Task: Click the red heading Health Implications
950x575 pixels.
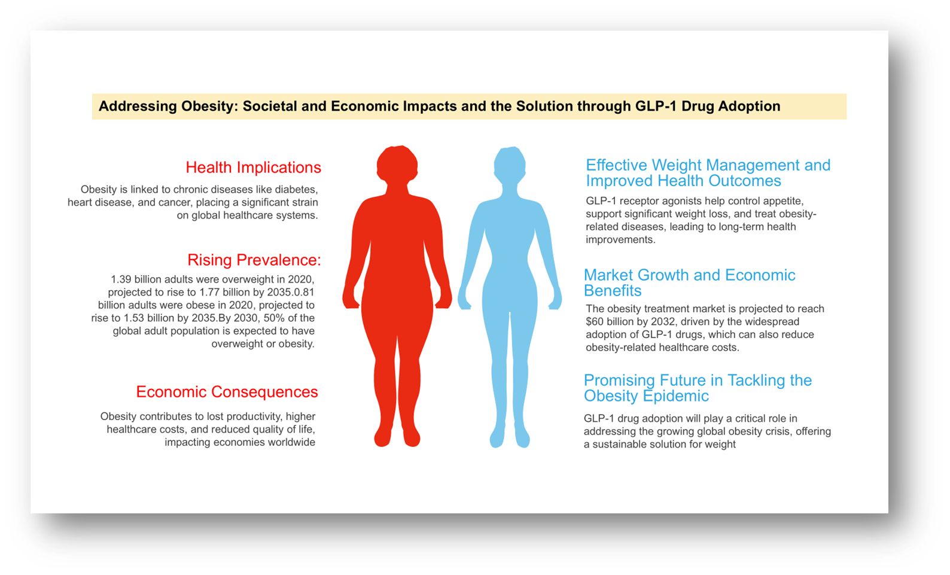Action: pos(253,168)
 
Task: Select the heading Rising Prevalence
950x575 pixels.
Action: pos(254,260)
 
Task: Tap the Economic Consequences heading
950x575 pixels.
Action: pos(227,392)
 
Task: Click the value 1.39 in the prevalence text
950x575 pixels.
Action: pos(121,279)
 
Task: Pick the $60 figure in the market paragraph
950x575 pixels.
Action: pos(595,322)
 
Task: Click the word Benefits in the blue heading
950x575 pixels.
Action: pos(613,291)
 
